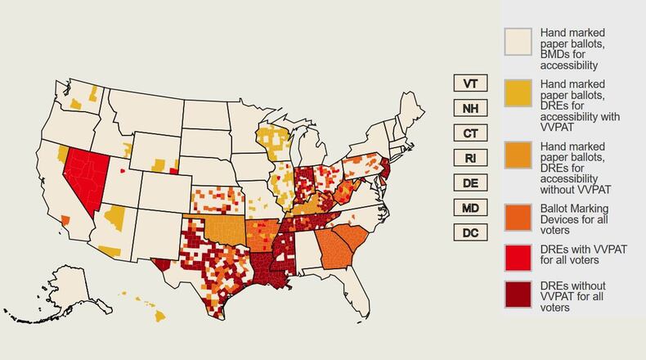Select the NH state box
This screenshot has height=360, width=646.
coord(470,109)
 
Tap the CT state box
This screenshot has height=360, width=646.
coord(470,133)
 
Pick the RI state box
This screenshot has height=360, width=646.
coord(470,158)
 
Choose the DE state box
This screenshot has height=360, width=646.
coord(470,182)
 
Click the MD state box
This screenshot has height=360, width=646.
coord(470,208)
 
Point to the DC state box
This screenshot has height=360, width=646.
coord(470,232)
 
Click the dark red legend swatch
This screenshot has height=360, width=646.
coord(518,295)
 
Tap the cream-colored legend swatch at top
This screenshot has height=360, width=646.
coord(518,42)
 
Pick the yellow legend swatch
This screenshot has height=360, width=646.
coord(518,93)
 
